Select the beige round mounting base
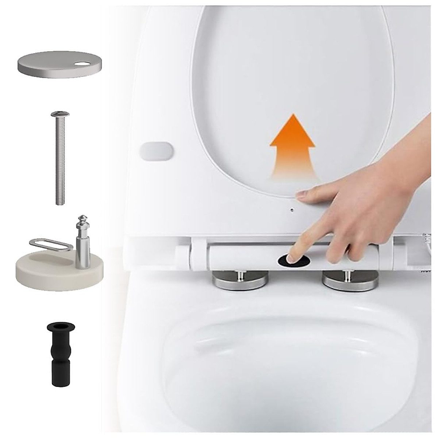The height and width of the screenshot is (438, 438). point(58,268)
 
